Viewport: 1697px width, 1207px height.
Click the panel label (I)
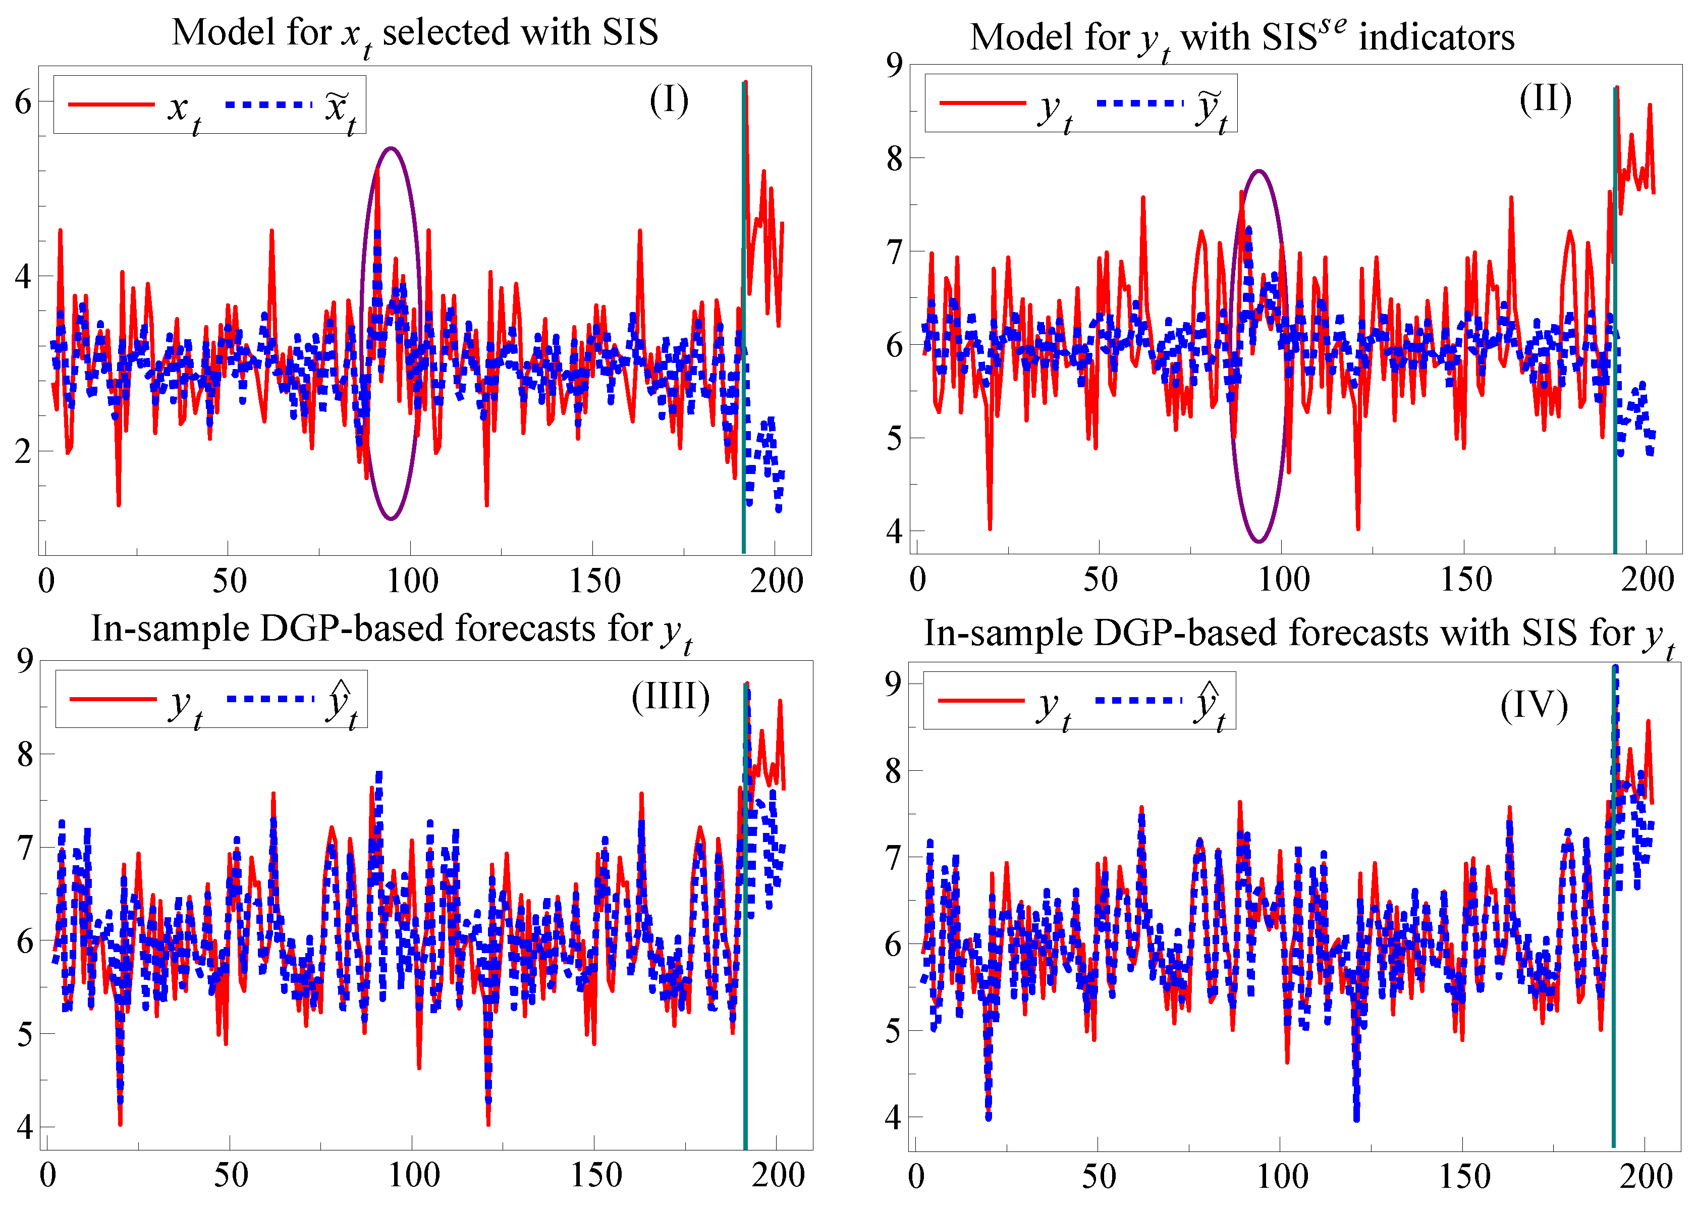click(669, 100)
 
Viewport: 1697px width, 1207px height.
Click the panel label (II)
click(1546, 99)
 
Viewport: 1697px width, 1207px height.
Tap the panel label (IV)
click(1534, 705)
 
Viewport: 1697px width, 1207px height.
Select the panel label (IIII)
click(670, 697)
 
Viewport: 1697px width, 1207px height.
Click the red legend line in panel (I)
click(112, 104)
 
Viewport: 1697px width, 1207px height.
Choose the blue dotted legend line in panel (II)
click(1140, 102)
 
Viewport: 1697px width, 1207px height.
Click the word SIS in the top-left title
click(630, 33)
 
